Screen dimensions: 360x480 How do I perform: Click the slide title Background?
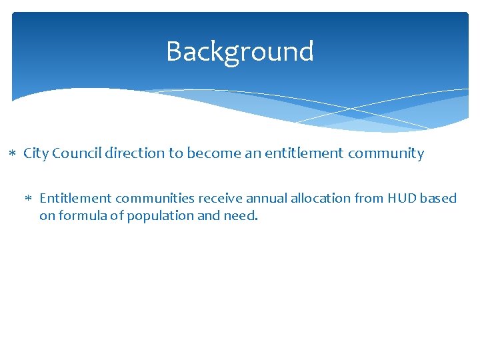239,51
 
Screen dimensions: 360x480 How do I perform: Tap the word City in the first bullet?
36,153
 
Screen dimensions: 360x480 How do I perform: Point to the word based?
441,198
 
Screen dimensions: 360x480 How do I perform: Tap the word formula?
83,216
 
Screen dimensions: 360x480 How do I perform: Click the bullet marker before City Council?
14,154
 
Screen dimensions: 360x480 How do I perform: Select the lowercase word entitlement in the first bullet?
297,153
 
